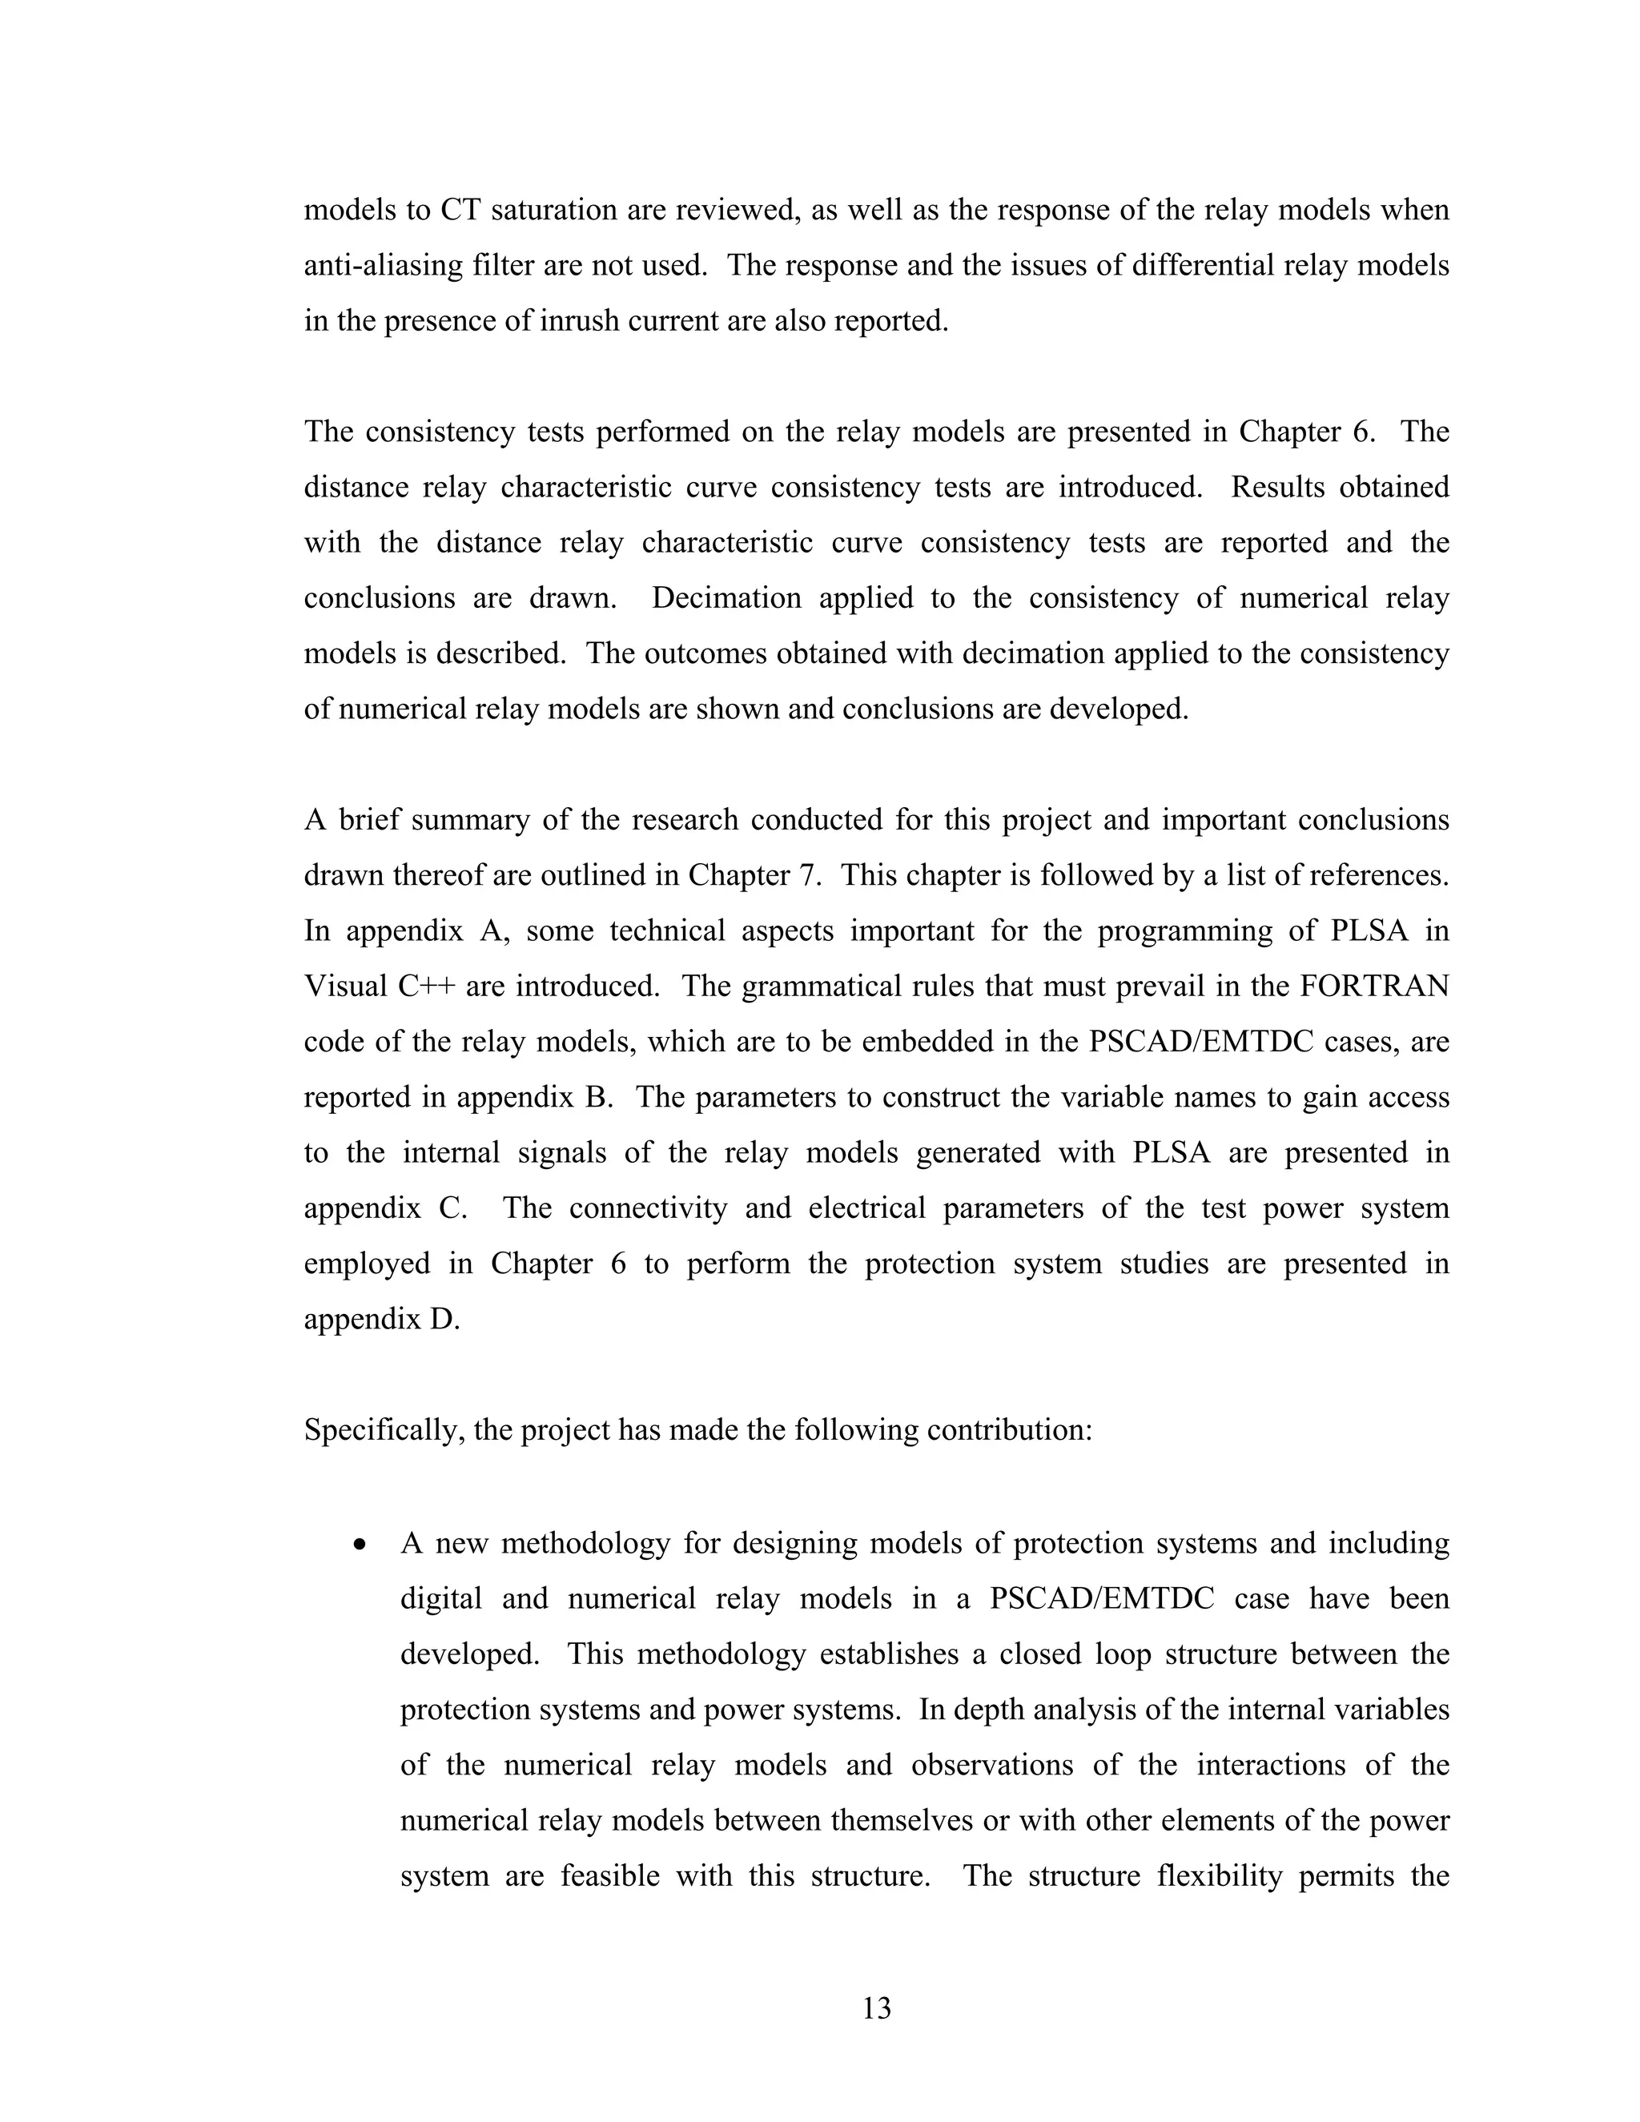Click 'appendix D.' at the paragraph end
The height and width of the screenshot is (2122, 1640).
tap(382, 1320)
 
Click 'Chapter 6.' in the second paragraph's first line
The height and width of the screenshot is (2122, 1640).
tap(1307, 432)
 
